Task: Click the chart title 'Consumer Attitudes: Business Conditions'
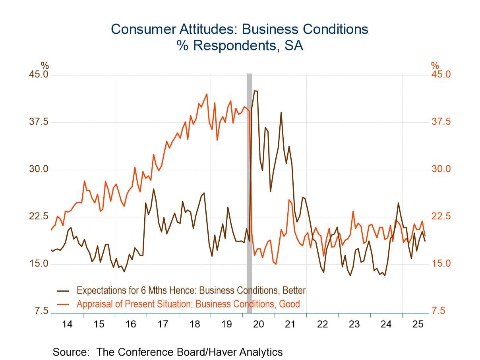[240, 29]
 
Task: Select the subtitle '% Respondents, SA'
[240, 46]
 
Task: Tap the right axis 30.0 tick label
[441, 169]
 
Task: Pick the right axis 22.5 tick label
[441, 217]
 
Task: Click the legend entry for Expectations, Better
[191, 290]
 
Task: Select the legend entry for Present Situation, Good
[188, 304]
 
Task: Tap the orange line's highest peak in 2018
[207, 94]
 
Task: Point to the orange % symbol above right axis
[435, 66]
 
